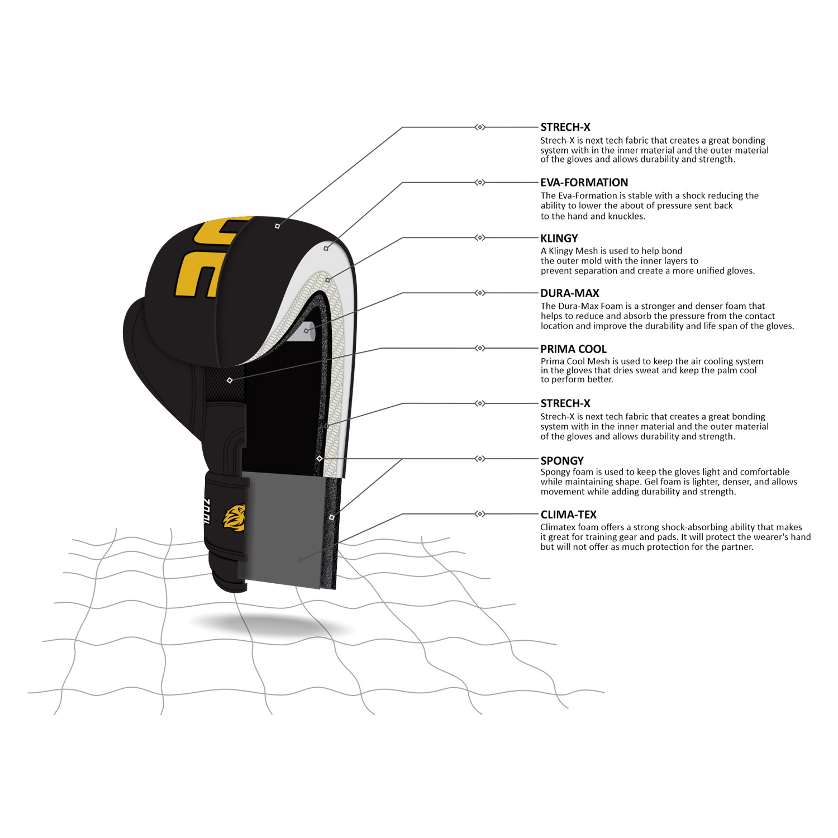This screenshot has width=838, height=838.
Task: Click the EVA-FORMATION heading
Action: pyautogui.click(x=584, y=183)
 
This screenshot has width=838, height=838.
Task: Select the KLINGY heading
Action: pyautogui.click(x=559, y=238)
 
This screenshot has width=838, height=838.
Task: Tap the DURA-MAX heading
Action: pyautogui.click(x=569, y=293)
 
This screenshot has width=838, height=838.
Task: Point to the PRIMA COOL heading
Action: pyautogui.click(x=573, y=349)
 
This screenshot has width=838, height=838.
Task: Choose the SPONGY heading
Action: pyautogui.click(x=562, y=461)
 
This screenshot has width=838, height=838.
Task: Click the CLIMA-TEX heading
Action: pyautogui.click(x=568, y=515)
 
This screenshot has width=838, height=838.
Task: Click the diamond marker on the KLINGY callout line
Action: pyautogui.click(x=480, y=237)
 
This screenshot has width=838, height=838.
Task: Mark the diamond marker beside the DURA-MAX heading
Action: pyautogui.click(x=480, y=293)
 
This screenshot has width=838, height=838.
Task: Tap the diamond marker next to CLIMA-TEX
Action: pyautogui.click(x=480, y=513)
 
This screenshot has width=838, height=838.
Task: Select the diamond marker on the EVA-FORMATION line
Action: pyautogui.click(x=480, y=182)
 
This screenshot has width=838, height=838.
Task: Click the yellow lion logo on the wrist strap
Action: pyautogui.click(x=234, y=518)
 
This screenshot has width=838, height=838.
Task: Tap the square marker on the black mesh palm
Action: pyautogui.click(x=230, y=380)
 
